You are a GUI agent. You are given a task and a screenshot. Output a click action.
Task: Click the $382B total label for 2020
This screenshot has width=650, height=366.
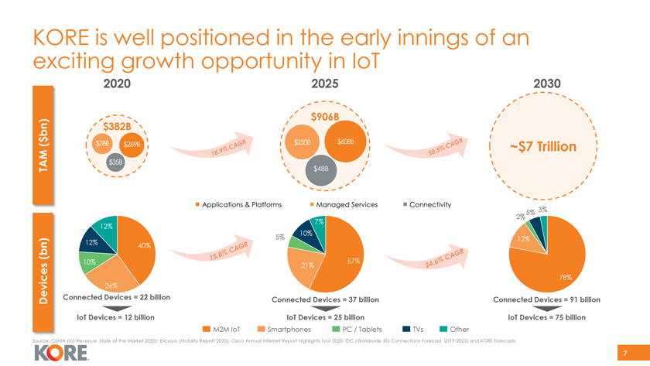click(x=120, y=127)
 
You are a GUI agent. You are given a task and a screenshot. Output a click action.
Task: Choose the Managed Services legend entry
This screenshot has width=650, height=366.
click(x=343, y=204)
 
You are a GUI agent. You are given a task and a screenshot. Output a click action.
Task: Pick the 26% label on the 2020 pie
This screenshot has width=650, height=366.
click(x=111, y=287)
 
